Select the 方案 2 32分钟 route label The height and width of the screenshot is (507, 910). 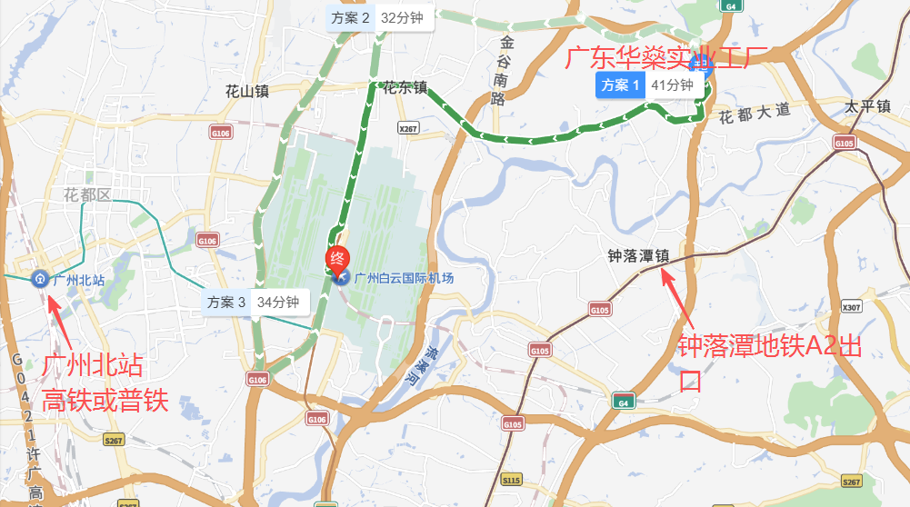[381, 17]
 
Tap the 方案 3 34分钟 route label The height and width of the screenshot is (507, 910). [257, 302]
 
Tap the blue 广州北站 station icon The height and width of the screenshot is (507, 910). [40, 279]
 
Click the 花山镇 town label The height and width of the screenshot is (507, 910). [247, 90]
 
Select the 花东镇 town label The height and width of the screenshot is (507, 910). [405, 88]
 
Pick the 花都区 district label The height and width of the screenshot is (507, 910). [86, 194]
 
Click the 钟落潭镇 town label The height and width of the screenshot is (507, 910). [638, 257]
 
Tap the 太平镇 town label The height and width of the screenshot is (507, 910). [865, 106]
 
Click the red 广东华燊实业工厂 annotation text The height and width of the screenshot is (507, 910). [667, 59]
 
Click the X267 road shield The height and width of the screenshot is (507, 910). [408, 129]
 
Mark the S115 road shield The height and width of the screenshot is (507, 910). [512, 479]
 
